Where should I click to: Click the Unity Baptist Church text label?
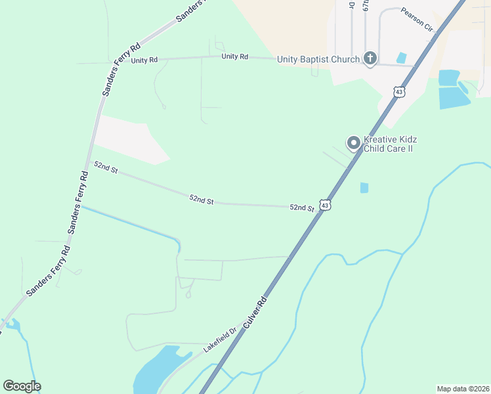click(x=318, y=59)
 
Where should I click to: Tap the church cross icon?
click(x=370, y=59)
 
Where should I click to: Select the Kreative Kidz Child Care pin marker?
click(x=354, y=142)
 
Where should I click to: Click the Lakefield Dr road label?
click(x=219, y=341)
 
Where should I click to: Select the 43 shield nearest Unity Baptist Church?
click(x=399, y=92)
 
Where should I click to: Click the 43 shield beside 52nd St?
click(x=325, y=206)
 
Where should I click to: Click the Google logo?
click(x=22, y=385)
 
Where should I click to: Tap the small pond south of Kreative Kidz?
click(x=364, y=188)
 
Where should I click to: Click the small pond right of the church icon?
click(x=401, y=58)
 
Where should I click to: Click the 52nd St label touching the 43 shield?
click(x=302, y=208)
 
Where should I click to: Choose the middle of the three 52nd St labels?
click(x=202, y=199)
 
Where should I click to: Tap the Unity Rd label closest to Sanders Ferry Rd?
click(x=144, y=60)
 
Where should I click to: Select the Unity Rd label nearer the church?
click(x=234, y=56)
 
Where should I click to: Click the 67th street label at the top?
click(x=366, y=7)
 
